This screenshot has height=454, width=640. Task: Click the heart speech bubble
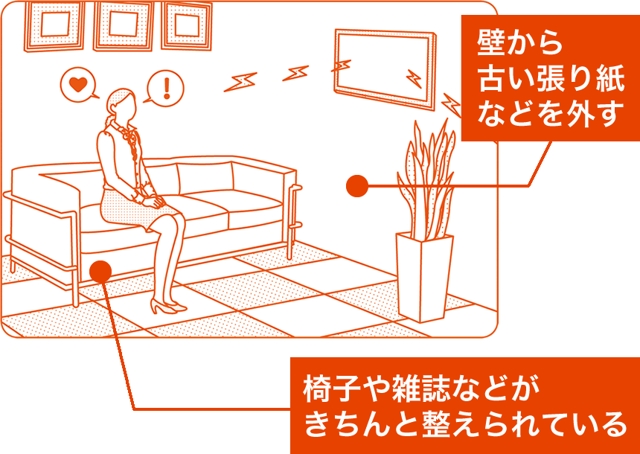point(78,85)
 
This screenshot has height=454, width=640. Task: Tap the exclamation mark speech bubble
point(165,87)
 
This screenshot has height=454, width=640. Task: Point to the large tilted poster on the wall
point(385,69)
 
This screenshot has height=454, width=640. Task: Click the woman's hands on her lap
point(152,200)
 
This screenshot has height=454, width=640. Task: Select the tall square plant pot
point(424,277)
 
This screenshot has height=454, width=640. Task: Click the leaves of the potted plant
point(426,179)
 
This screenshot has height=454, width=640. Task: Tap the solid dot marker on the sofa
point(100,270)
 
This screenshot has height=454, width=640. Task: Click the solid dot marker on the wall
point(357,186)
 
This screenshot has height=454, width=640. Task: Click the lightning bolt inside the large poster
point(414,78)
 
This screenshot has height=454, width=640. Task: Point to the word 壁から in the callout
point(519,44)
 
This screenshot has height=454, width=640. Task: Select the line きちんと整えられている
point(465,425)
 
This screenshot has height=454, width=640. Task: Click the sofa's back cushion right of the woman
point(204,177)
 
